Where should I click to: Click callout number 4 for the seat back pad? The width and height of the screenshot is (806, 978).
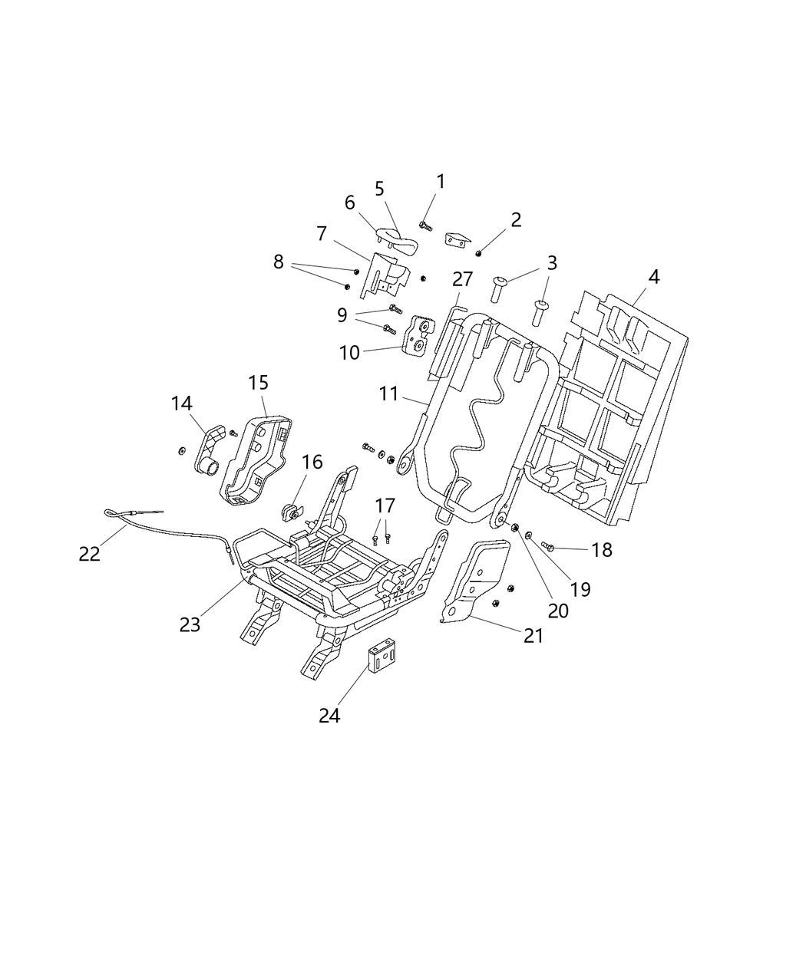[653, 277]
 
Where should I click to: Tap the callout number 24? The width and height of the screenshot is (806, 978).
[329, 716]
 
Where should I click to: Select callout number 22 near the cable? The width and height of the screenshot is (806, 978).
[90, 553]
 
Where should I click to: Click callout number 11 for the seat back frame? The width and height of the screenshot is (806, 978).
[388, 394]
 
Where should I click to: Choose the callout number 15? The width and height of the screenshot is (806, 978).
[259, 383]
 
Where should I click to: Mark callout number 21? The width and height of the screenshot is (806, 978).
[533, 635]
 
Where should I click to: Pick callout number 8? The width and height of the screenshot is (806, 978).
[278, 262]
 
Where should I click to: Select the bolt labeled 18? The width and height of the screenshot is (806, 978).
[548, 545]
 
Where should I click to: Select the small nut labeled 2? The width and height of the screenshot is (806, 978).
[479, 253]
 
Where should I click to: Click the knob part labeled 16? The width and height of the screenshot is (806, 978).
[292, 509]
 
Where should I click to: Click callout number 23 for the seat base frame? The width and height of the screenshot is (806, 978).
[190, 624]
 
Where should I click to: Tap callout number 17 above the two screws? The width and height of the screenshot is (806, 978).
[385, 506]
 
